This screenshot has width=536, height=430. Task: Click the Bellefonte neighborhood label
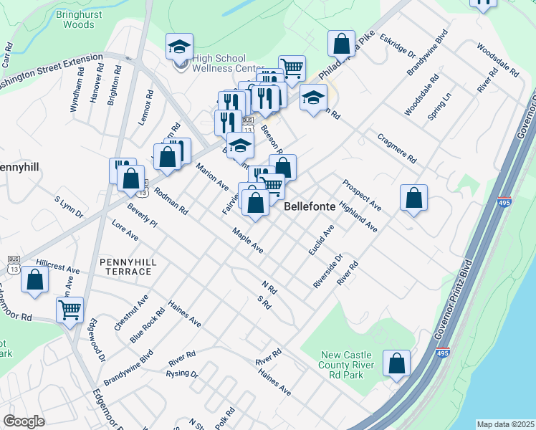coord(310,206)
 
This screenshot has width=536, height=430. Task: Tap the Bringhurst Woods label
coord(78,19)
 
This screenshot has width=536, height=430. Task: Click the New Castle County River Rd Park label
coord(348,365)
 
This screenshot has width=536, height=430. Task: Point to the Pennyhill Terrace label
coord(126,267)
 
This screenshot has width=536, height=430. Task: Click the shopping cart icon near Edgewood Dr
coord(70,310)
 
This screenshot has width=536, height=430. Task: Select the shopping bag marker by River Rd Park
coord(396,363)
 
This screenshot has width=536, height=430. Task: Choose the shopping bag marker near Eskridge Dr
coord(342,43)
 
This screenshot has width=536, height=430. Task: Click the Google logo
coord(24,421)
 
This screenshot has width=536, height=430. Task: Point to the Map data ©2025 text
coord(505,424)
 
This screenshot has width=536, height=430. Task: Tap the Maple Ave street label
coord(247,241)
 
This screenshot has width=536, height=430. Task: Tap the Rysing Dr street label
coord(182,374)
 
